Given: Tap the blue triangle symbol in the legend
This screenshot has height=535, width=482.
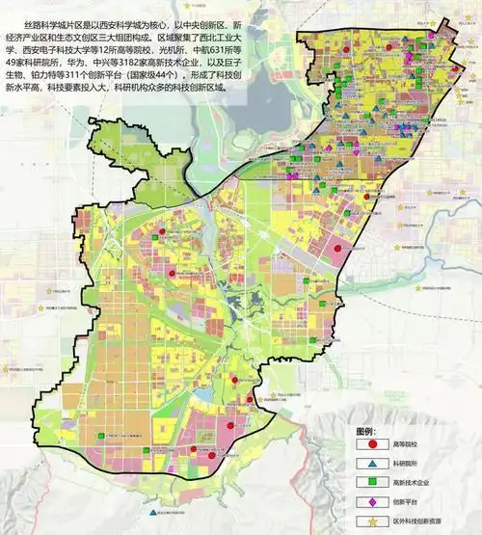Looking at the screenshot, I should click(x=371, y=464).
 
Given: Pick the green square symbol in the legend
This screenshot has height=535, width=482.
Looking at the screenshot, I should click(x=371, y=482).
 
